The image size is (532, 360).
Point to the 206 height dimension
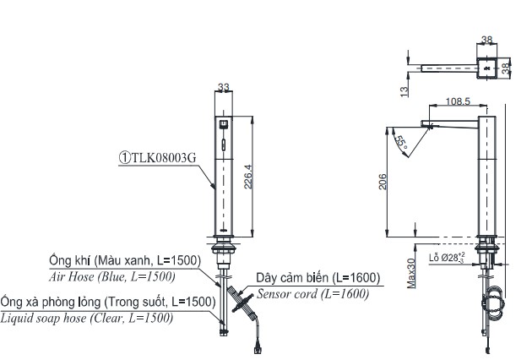click(x=383, y=182)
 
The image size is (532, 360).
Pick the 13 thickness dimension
click(x=404, y=86)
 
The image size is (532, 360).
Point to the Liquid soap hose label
click(x=87, y=318)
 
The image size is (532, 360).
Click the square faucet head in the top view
click(x=488, y=68)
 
